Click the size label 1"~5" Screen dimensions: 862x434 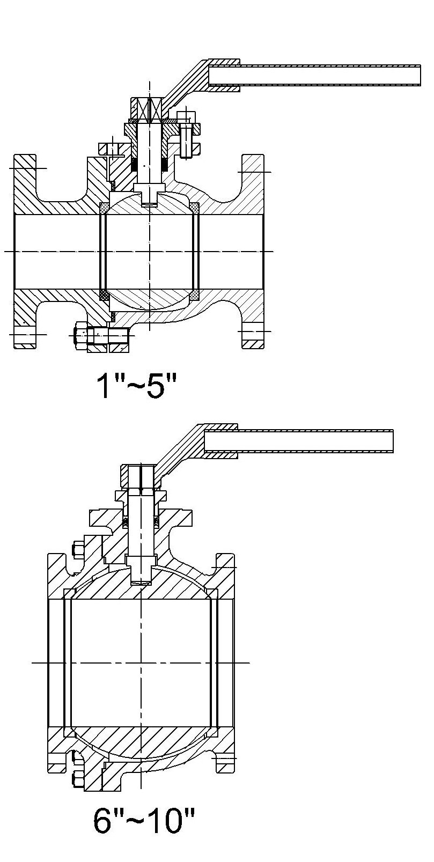[136, 386]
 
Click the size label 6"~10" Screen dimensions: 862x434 [144, 820]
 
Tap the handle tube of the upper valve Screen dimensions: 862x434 [314, 76]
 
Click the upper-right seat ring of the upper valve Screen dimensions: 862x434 [195, 207]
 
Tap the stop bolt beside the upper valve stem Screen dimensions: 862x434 [186, 138]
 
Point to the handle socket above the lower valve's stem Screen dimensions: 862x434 [141, 476]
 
